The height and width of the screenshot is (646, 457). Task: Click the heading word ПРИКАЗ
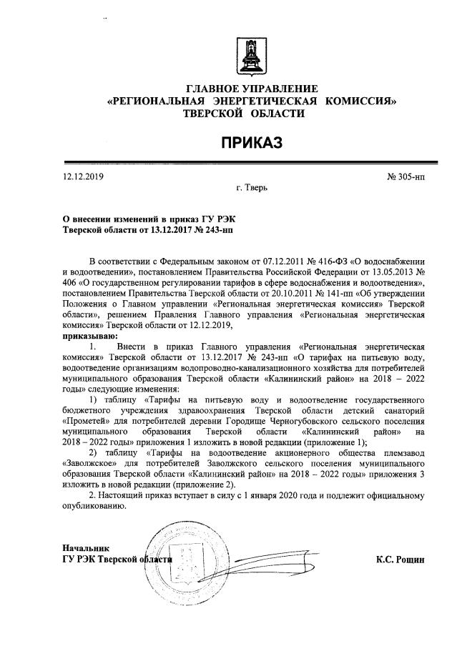click(251, 143)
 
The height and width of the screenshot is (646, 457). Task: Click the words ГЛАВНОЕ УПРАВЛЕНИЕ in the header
click(251, 89)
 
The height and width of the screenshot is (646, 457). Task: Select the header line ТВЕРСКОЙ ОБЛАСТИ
click(251, 113)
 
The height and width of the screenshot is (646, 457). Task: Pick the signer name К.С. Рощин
click(401, 560)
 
